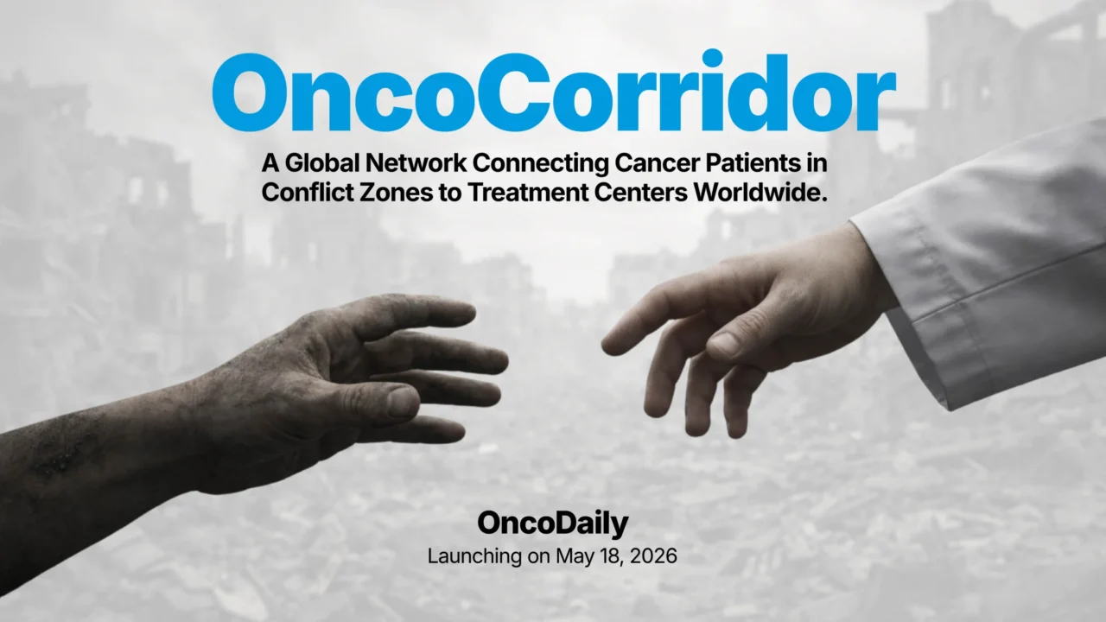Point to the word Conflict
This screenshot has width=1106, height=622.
coord(306,192)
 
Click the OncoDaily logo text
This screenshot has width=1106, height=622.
coord(553,524)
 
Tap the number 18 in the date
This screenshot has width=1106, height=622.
coord(606,556)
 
